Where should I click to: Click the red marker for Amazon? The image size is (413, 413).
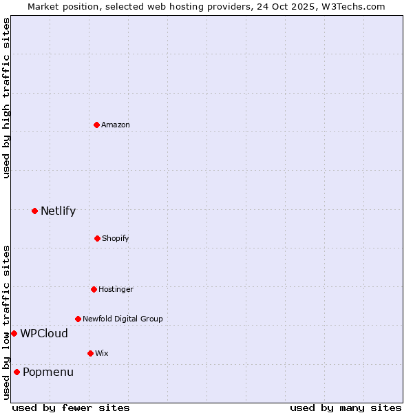96,125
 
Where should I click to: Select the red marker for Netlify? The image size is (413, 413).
34,211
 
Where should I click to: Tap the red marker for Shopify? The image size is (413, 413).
97,238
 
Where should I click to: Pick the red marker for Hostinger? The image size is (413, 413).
94,289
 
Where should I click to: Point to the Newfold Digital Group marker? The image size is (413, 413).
78,319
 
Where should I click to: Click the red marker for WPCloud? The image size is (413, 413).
14,333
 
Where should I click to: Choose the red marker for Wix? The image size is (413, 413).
90,353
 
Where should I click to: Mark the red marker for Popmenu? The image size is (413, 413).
17,372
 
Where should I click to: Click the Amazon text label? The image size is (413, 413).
116,125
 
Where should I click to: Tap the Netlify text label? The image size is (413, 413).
58,211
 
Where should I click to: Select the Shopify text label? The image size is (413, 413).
116,238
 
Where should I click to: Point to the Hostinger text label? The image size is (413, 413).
116,289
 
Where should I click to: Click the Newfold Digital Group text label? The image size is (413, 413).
123,319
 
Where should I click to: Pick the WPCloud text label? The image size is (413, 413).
44,333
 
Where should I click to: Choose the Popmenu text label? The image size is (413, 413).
48,372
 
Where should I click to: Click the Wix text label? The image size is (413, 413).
102,353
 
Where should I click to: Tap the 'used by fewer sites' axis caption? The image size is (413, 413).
71,407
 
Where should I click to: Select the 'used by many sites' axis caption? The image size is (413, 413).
346,407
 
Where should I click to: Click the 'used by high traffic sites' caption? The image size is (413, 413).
6,98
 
